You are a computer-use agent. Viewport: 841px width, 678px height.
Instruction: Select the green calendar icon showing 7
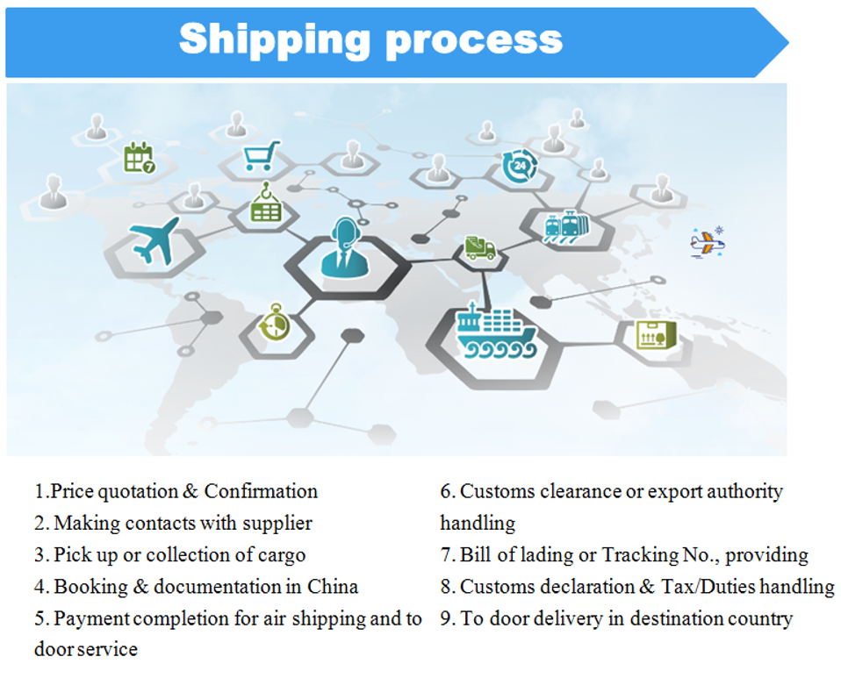click(x=139, y=158)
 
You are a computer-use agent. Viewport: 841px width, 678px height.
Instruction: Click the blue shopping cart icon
click(x=262, y=156)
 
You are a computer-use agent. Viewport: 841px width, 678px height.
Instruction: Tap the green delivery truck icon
click(x=480, y=248)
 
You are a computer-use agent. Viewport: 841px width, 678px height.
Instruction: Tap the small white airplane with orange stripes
click(x=707, y=241)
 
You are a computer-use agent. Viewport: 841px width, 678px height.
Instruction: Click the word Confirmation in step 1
click(x=261, y=491)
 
